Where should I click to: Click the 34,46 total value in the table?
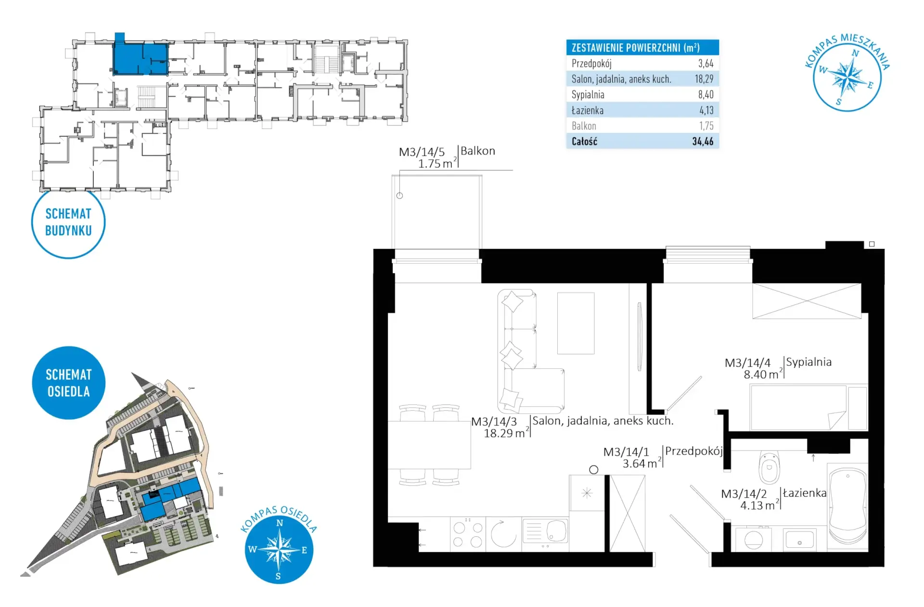click(x=703, y=142)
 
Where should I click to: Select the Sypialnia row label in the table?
click(x=588, y=94)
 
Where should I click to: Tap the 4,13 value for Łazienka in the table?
click(x=706, y=110)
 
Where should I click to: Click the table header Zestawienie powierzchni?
click(x=635, y=48)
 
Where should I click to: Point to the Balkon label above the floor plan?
click(x=477, y=151)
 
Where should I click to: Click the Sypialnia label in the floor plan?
click(x=808, y=362)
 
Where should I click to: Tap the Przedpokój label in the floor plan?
click(x=693, y=451)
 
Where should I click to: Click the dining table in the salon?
click(x=429, y=445)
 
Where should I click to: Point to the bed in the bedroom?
click(x=808, y=407)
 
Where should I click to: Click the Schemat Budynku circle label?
click(x=68, y=222)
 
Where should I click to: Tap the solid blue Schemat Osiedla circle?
click(x=68, y=383)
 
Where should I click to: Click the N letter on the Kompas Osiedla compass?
click(x=280, y=523)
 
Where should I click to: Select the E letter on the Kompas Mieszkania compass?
click(x=870, y=86)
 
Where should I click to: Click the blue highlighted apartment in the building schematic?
click(x=141, y=58)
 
